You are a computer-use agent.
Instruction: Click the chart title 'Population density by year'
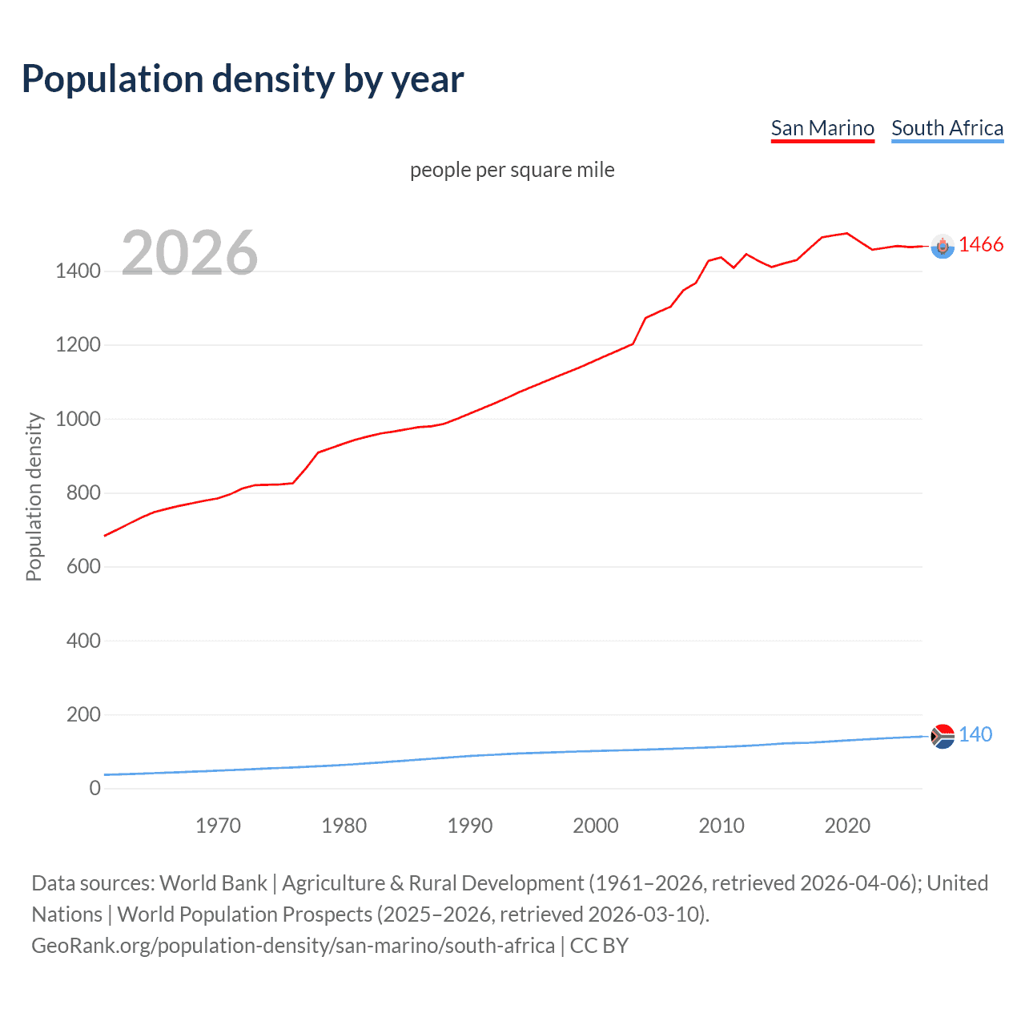click(x=243, y=79)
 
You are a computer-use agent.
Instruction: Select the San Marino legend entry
click(x=822, y=128)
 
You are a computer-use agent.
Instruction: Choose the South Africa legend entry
click(x=947, y=128)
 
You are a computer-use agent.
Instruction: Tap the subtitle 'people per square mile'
click(x=512, y=170)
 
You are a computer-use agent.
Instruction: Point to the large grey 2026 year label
click(x=190, y=253)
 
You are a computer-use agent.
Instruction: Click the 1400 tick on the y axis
click(x=78, y=271)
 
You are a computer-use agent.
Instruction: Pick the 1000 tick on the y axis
click(x=78, y=419)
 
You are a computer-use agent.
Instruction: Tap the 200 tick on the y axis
click(x=83, y=714)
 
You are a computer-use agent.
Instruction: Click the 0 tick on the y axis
click(x=95, y=788)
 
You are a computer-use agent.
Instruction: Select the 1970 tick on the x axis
click(x=218, y=826)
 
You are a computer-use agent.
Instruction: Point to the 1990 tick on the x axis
click(x=470, y=826)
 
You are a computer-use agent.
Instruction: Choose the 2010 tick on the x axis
click(x=722, y=826)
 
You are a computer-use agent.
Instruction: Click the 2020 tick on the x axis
click(x=847, y=826)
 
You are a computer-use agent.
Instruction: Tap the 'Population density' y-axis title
click(x=34, y=496)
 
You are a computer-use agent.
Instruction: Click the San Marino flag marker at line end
click(x=943, y=247)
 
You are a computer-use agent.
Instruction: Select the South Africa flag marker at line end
click(x=943, y=736)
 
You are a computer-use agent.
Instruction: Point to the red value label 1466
click(x=981, y=245)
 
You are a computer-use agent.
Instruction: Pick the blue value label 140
click(x=975, y=734)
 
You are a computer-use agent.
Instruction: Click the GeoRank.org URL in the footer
click(x=293, y=946)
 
